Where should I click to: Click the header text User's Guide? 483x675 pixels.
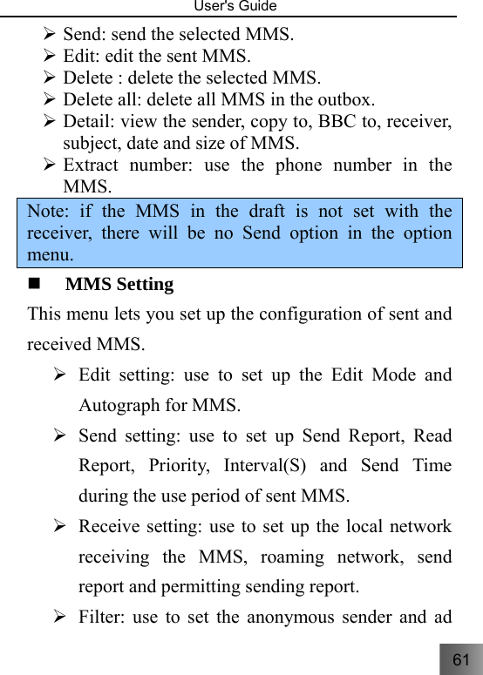coord(241,7)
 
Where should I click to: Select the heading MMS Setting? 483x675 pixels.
coord(119,285)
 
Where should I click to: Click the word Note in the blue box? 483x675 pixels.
coord(46,212)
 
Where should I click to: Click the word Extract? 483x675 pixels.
coord(93,165)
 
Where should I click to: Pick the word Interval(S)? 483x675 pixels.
coord(264,465)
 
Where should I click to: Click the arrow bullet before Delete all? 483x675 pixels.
coord(51,100)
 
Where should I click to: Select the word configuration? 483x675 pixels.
coord(316,314)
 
